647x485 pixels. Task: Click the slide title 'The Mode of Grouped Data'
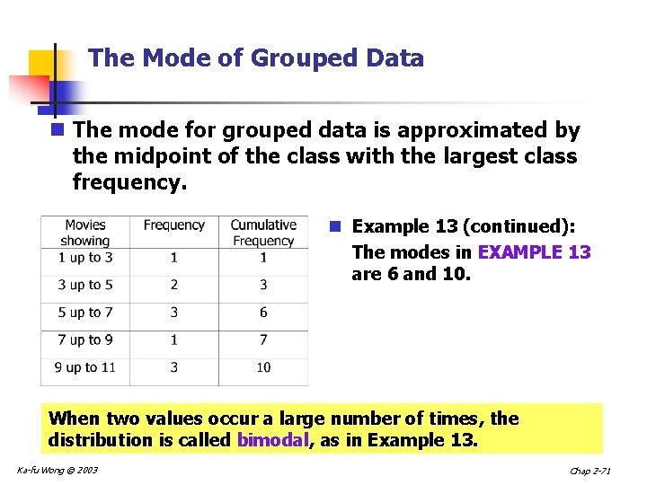256,58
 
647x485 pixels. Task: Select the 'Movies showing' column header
85,233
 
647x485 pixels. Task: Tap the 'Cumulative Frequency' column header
263,233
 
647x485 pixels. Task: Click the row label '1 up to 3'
85,258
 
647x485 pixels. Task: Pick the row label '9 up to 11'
85,367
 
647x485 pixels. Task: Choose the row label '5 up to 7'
85,313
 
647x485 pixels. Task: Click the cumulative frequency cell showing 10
263,367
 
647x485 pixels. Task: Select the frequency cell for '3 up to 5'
174,285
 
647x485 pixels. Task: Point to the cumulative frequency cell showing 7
263,339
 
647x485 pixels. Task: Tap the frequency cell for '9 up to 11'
174,367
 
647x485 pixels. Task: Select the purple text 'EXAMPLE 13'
535,252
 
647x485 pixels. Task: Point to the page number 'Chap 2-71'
591,472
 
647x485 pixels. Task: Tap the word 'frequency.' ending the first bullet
129,183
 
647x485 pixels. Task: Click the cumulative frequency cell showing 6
263,313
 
